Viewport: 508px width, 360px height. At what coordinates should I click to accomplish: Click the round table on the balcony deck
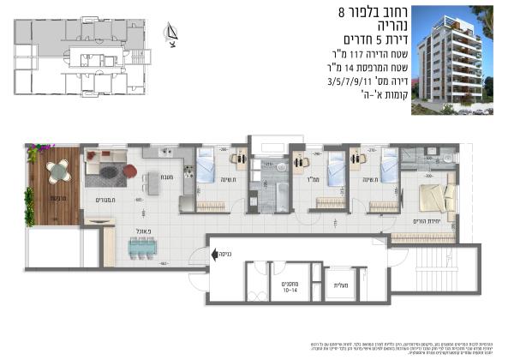coord(57,171)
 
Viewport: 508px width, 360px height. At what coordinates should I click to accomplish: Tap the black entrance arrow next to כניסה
coord(199,254)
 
